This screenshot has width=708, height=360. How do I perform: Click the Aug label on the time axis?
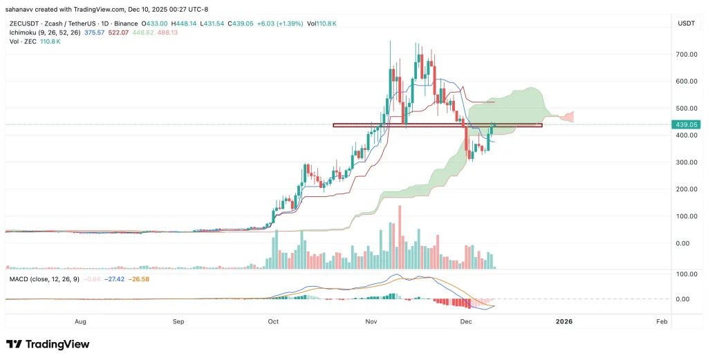pos(80,322)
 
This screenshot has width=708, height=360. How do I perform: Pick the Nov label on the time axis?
pos(371,322)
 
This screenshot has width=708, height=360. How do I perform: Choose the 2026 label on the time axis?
pos(564,322)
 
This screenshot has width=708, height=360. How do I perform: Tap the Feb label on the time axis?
pos(661,322)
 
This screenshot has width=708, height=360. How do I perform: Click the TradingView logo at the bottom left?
pos(48,344)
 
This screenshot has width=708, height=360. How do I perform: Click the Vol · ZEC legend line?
pos(32,41)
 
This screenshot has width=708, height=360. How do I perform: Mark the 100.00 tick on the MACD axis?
pos(684,275)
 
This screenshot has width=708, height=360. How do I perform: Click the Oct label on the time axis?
pos(273,322)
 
